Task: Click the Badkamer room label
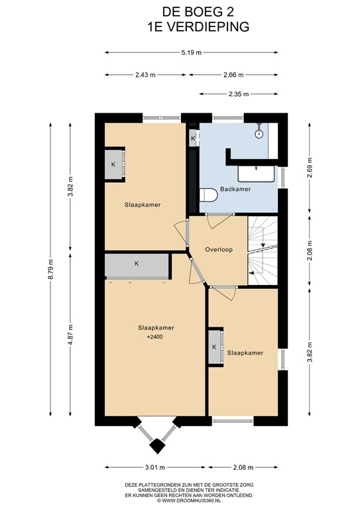pyautogui.click(x=235, y=189)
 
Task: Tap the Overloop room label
pyautogui.click(x=219, y=250)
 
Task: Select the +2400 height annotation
pyautogui.click(x=155, y=337)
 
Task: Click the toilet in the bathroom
pyautogui.click(x=208, y=195)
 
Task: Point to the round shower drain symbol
pyautogui.click(x=259, y=134)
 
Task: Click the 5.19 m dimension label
pyautogui.click(x=192, y=52)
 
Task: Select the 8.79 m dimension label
pyautogui.click(x=50, y=270)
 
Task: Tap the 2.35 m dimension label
pyautogui.click(x=239, y=94)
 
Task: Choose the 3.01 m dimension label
pyautogui.click(x=155, y=467)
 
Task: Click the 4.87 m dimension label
pyautogui.click(x=70, y=334)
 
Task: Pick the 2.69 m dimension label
pyautogui.click(x=309, y=168)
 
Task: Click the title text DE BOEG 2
pyautogui.click(x=198, y=12)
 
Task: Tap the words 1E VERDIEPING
pyautogui.click(x=198, y=27)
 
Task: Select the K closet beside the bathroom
pyautogui.click(x=194, y=139)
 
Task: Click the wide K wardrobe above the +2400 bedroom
pyautogui.click(x=137, y=266)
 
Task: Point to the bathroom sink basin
pyautogui.click(x=257, y=174)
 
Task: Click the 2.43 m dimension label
pyautogui.click(x=145, y=75)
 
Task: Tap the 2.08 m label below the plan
pyautogui.click(x=243, y=467)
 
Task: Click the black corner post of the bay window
pyautogui.click(x=157, y=446)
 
